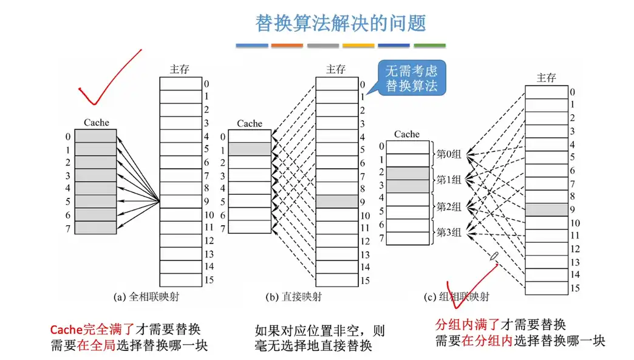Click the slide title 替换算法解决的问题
click(x=341, y=22)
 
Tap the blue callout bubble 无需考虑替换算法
click(x=412, y=78)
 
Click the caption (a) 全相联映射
click(x=149, y=297)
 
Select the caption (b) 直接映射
click(x=294, y=297)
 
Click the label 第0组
click(x=449, y=154)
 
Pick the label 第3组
click(x=449, y=232)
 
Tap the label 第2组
click(x=449, y=206)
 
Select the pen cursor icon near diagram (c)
click(x=495, y=256)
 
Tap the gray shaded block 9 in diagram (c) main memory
click(x=546, y=210)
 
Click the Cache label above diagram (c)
click(x=407, y=134)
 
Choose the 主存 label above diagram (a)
click(x=180, y=69)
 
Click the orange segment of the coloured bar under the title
click(x=287, y=46)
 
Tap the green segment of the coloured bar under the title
click(x=429, y=46)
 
